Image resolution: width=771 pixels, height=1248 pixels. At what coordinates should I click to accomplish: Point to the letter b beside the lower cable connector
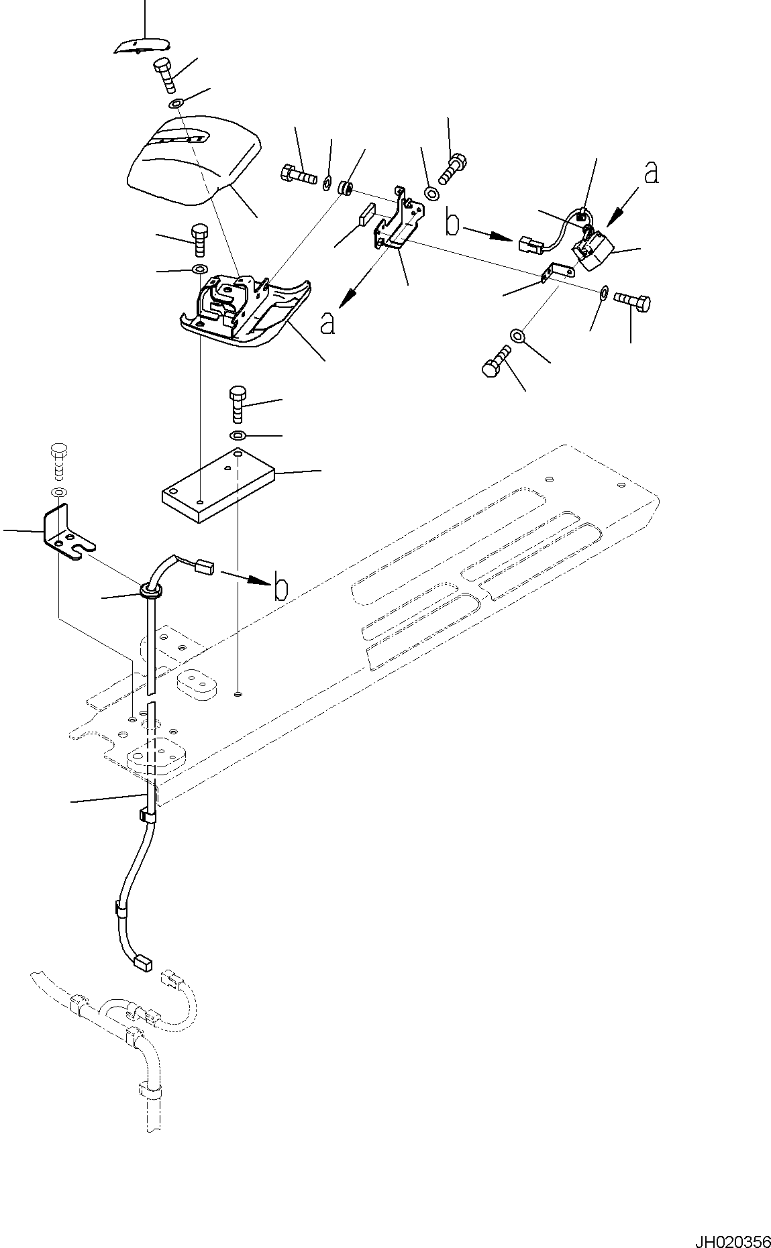coord(281,587)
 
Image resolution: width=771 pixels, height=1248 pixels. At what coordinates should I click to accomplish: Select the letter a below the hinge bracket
coord(327,324)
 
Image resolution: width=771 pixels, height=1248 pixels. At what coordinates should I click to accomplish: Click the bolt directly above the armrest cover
coord(165,75)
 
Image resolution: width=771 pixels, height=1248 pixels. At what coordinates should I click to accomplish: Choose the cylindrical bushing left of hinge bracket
coord(346,186)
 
